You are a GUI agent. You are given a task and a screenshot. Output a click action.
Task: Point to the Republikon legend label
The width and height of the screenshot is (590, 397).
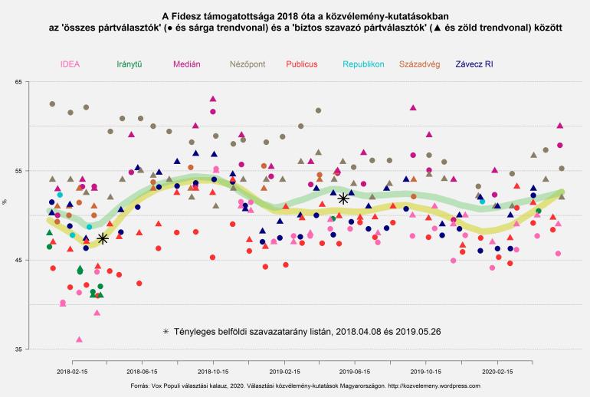[364, 64]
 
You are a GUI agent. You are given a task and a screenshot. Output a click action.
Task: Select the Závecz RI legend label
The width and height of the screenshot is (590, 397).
[479, 64]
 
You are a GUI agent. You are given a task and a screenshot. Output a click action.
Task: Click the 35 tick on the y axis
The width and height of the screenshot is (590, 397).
[18, 349]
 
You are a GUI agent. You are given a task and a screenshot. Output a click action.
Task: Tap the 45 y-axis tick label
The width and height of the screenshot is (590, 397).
[18, 260]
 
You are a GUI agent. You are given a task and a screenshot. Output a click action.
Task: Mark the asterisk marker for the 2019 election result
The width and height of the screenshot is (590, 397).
[343, 198]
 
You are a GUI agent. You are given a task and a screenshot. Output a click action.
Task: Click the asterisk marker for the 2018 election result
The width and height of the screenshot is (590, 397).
[102, 238]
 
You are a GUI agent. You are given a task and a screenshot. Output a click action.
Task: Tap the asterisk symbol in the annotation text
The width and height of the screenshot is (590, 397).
[166, 332]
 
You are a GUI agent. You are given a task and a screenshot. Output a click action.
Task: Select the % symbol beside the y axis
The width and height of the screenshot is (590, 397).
[5, 202]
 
